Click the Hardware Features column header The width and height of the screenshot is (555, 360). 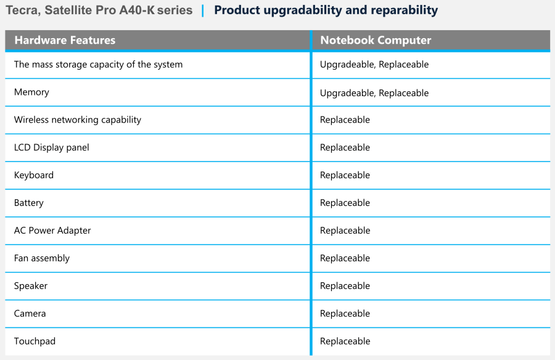tap(65, 40)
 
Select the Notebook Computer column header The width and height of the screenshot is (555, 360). tap(376, 40)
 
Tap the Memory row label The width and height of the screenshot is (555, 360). tap(31, 92)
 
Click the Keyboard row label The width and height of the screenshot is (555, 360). tap(34, 175)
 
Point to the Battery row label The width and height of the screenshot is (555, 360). tap(28, 203)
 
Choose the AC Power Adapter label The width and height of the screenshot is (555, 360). tap(52, 231)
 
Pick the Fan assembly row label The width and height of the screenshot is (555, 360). tap(42, 258)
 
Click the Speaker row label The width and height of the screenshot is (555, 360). tap(30, 285)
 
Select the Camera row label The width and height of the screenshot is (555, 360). tap(30, 313)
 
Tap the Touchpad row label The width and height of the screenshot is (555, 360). tap(35, 342)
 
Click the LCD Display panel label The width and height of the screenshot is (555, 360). tap(51, 147)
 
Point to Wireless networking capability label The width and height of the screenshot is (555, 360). tap(78, 120)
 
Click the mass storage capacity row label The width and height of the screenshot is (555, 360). tap(98, 65)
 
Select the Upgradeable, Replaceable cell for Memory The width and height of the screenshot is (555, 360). tap(374, 92)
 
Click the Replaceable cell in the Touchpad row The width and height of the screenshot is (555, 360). tap(345, 342)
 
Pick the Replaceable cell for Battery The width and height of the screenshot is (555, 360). tap(345, 203)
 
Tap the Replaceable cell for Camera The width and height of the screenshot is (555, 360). tap(345, 313)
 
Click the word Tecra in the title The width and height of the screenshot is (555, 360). tap(23, 10)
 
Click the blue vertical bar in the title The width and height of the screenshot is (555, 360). tap(203, 10)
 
